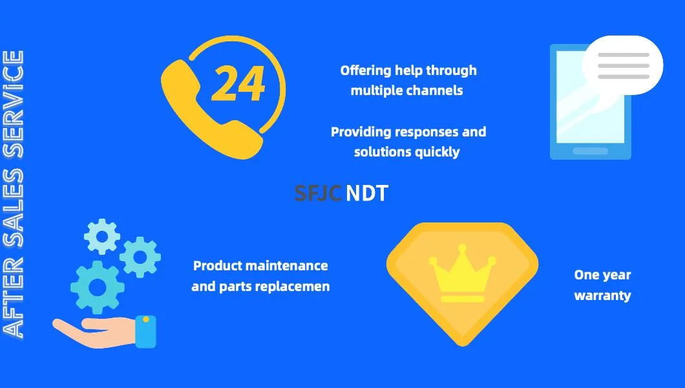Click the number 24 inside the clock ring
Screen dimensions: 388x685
coord(238,84)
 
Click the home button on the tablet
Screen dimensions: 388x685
coord(590,151)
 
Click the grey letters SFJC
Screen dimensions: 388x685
coord(317,193)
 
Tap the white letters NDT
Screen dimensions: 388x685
coord(367,193)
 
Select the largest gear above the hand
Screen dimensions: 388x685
coord(98,286)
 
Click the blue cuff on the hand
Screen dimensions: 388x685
coord(145,331)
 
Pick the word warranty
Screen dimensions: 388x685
coord(602,296)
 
